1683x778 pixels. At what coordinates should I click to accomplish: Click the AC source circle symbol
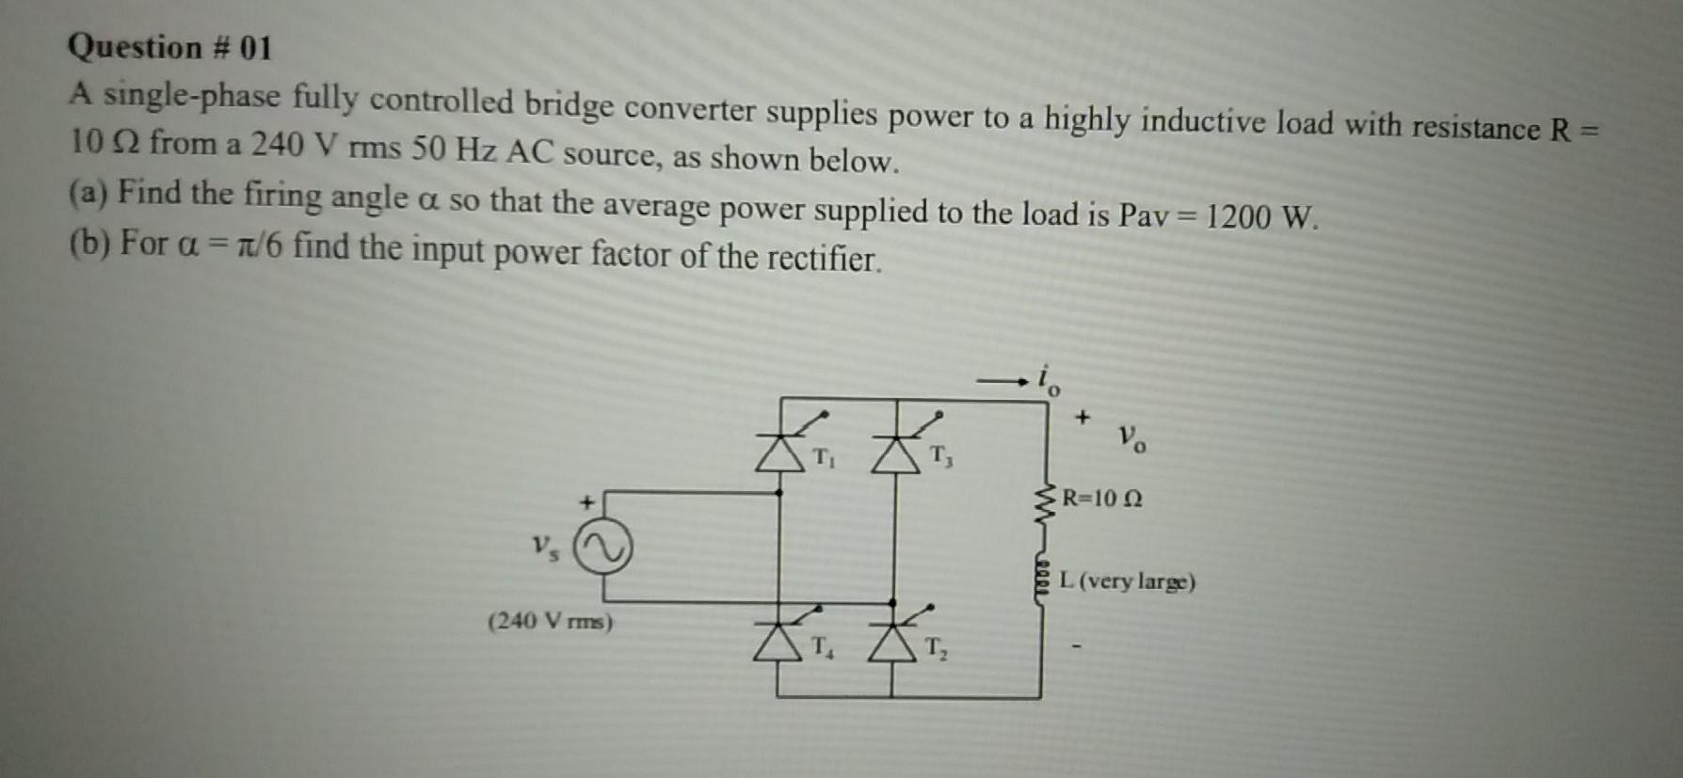[x=603, y=549]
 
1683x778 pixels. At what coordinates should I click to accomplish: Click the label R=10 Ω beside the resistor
[x=1102, y=499]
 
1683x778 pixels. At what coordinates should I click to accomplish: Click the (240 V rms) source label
[x=551, y=622]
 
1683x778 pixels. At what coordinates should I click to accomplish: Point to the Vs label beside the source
[x=544, y=548]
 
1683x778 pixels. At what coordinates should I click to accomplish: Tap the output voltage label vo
[x=1132, y=437]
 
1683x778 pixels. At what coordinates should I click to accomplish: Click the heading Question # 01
[x=170, y=47]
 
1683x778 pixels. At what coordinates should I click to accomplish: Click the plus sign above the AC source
[x=585, y=501]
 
